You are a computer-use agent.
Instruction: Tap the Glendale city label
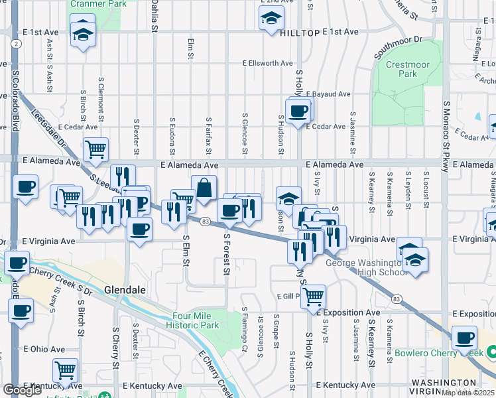[125, 290]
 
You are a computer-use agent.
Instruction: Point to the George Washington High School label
[366, 267]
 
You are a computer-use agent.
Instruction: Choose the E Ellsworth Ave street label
[267, 64]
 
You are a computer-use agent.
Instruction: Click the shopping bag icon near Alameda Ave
[204, 188]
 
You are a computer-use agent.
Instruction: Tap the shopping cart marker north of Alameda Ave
[96, 151]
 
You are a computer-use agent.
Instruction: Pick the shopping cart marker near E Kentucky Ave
[65, 370]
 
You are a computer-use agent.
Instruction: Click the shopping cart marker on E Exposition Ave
[313, 297]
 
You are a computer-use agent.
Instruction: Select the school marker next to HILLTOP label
[271, 20]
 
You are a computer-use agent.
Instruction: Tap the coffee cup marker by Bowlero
[465, 338]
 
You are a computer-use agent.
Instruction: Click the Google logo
[23, 390]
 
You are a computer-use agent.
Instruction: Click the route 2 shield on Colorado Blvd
[14, 44]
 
